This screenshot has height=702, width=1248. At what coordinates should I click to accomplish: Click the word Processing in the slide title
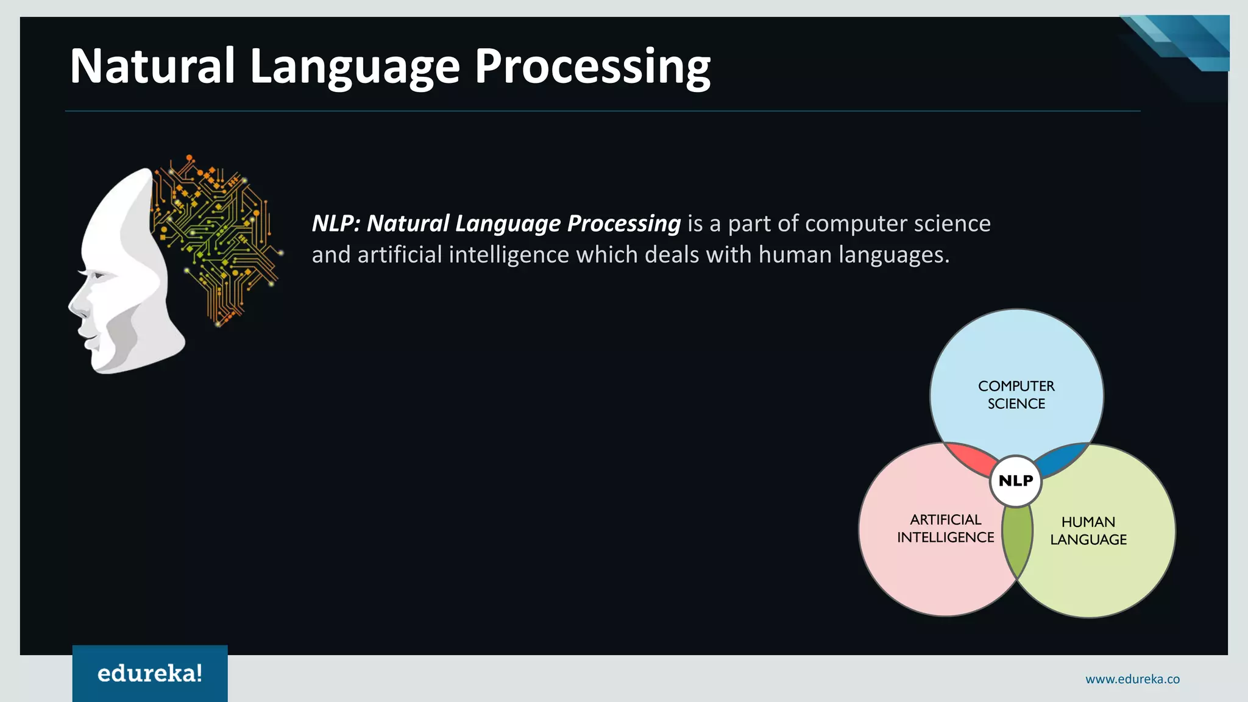[x=592, y=67]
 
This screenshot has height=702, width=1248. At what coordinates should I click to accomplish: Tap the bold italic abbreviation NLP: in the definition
[x=336, y=224]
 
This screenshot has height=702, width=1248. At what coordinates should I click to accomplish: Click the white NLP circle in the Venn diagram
[x=1016, y=481]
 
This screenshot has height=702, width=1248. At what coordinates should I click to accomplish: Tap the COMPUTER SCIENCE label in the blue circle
[x=1016, y=395]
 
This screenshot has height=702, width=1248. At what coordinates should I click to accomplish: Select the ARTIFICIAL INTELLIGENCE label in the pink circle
[x=945, y=528]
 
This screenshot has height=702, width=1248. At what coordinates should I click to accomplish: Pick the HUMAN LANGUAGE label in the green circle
[x=1088, y=530]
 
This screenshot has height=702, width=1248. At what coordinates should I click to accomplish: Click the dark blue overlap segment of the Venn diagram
[x=1062, y=459]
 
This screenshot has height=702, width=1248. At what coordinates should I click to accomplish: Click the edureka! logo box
[x=150, y=673]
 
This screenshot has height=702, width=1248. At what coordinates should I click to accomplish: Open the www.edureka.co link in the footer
[x=1132, y=679]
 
